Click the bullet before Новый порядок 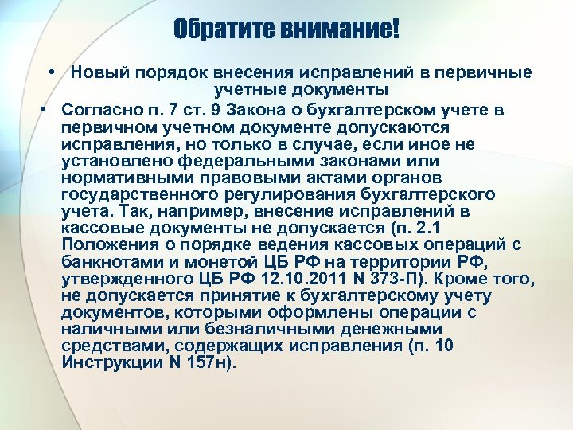(50, 72)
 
